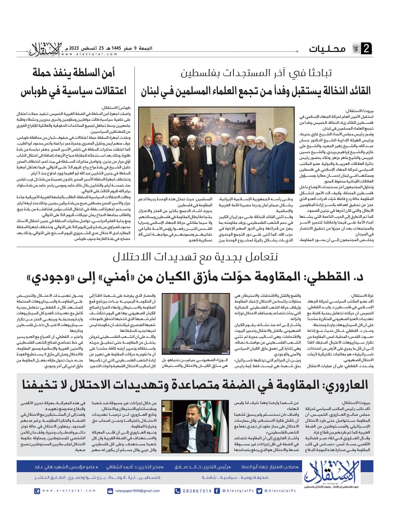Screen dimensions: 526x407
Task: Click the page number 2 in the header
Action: tap(367, 49)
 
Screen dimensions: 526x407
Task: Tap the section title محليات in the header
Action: tap(327, 49)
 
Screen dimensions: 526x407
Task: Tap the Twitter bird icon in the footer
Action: tap(259, 491)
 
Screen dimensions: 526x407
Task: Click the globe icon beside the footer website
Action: tap(36, 491)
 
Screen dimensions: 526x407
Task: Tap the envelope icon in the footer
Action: tap(110, 491)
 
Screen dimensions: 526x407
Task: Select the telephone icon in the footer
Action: tap(178, 491)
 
